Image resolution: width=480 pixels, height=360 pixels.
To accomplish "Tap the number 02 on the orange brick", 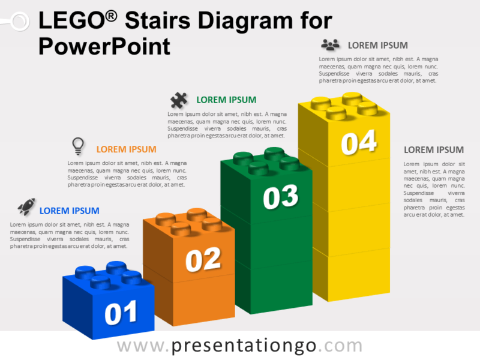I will tap(203, 259).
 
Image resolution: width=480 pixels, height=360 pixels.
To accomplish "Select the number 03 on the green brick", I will tap(281, 197).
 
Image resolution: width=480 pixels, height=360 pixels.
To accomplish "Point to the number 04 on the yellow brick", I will tap(359, 143).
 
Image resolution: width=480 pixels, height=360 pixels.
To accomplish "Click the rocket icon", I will tap(26, 208).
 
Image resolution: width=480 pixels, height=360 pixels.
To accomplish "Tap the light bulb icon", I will tap(77, 146).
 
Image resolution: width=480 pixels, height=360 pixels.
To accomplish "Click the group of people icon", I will tap(330, 45).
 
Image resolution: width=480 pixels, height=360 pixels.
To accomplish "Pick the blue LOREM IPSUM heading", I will tap(70, 211).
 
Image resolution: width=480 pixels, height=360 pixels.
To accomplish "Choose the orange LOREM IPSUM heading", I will tap(127, 149).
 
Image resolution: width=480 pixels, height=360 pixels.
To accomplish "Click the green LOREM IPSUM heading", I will tap(226, 100).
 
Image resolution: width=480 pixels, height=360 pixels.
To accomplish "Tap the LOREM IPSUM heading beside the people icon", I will tap(378, 45).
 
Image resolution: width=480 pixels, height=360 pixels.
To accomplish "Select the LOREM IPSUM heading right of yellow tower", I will tap(434, 150).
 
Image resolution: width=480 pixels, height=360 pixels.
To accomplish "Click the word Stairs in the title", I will tap(158, 22).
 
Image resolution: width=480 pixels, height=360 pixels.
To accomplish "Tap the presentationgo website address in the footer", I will tap(240, 346).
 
